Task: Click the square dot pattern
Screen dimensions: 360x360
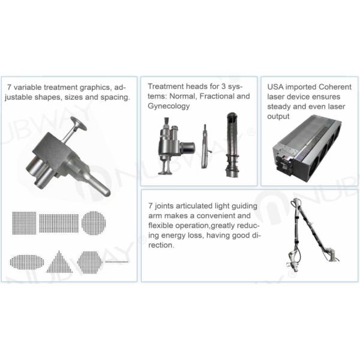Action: click(x=24, y=223)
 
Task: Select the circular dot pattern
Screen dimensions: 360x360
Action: click(x=94, y=223)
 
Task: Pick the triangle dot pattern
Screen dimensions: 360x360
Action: click(x=59, y=262)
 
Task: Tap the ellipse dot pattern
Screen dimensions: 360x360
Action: click(x=27, y=262)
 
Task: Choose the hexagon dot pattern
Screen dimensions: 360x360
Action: click(x=89, y=262)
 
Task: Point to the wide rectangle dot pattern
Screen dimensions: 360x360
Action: click(x=59, y=223)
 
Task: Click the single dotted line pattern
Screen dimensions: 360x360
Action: click(x=117, y=262)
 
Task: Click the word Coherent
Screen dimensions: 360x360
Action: click(x=335, y=87)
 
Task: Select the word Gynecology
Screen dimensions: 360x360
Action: click(x=169, y=106)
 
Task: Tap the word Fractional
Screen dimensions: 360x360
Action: click(x=217, y=96)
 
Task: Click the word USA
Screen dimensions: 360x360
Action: click(x=275, y=87)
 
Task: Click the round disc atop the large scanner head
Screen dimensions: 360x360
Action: click(x=79, y=123)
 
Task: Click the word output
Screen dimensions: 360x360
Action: click(x=278, y=116)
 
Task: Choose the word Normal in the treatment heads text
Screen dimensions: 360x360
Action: click(x=183, y=97)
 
